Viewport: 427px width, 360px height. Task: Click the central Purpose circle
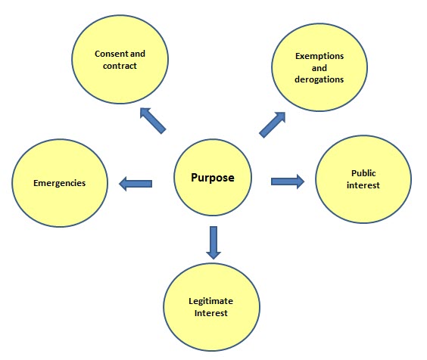213,178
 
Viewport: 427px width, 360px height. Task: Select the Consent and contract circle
120,59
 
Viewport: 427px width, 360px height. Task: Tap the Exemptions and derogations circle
319,67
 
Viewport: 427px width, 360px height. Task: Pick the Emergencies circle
60,183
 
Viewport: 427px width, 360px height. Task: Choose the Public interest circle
363,179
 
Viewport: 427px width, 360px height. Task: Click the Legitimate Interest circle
211,307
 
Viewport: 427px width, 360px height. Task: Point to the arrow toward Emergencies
136,184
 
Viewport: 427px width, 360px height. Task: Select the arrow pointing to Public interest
288,182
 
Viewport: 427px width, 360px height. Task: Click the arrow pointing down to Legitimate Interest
213,243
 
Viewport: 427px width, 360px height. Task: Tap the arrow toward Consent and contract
153,120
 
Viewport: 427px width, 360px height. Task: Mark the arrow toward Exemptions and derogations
272,125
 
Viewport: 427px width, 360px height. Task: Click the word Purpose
213,178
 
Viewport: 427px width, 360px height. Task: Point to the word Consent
111,54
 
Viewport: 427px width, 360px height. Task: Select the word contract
120,66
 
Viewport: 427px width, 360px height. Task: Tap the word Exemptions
319,56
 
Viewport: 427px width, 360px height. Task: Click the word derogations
319,79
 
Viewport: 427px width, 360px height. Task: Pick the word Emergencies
59,183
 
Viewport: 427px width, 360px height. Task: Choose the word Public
363,173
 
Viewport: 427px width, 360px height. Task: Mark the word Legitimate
210,301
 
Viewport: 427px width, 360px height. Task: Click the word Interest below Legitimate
211,313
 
